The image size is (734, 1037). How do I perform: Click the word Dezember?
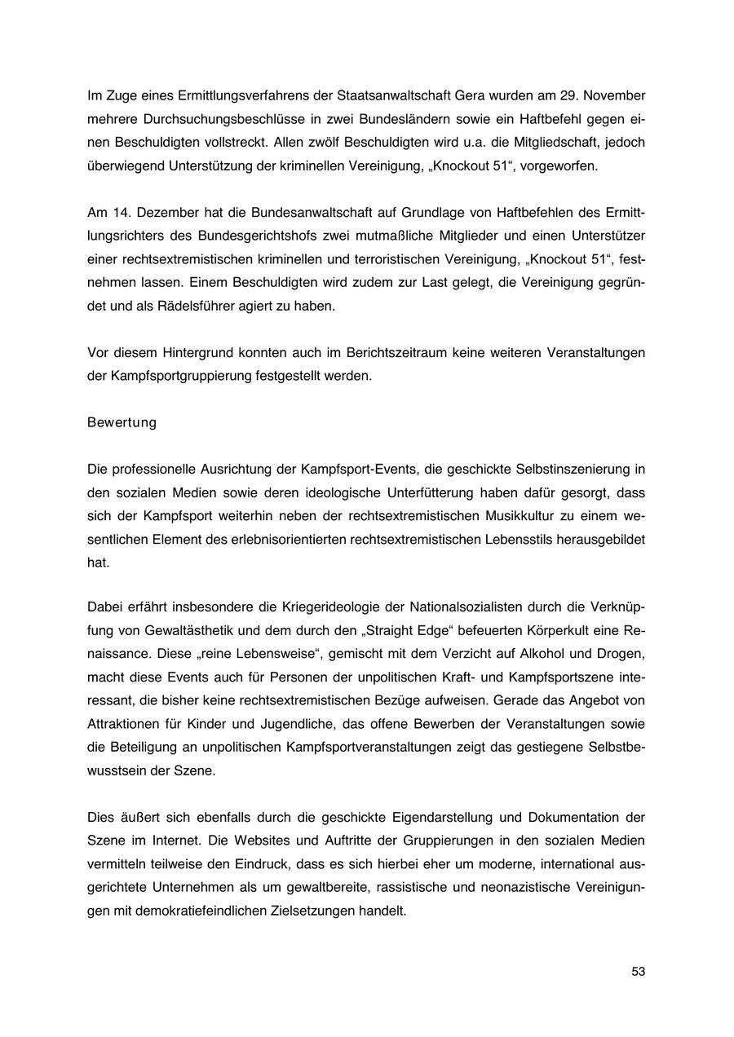(169, 213)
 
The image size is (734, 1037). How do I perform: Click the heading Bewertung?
(122, 423)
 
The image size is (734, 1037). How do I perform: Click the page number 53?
(638, 971)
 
